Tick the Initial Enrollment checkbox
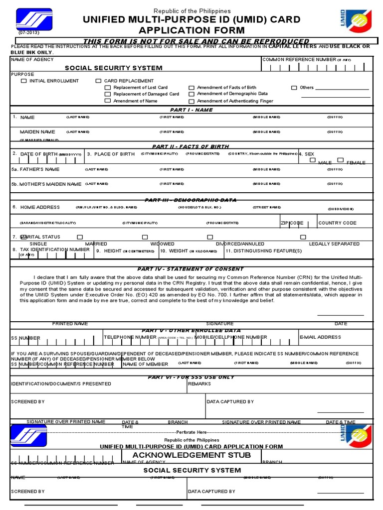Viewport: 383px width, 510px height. tap(24, 81)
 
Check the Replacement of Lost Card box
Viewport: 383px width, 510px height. tap(108, 88)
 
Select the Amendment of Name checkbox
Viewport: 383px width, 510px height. tap(108, 101)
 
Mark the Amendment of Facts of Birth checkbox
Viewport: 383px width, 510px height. tap(191, 88)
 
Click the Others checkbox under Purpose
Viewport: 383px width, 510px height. tap(294, 88)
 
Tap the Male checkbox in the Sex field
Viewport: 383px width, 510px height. tap(313, 160)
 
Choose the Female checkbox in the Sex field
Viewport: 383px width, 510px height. tap(340, 160)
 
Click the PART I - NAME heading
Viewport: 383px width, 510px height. tap(191, 110)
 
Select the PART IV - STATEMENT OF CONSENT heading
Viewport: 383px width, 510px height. tap(191, 269)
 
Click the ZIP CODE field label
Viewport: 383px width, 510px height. tap(292, 223)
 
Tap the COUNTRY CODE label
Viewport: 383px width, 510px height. tap(338, 223)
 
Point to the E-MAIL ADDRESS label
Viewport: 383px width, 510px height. tap(320, 337)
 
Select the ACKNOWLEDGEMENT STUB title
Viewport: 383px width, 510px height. tap(191, 455)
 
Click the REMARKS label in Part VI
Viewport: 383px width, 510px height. tap(199, 384)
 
